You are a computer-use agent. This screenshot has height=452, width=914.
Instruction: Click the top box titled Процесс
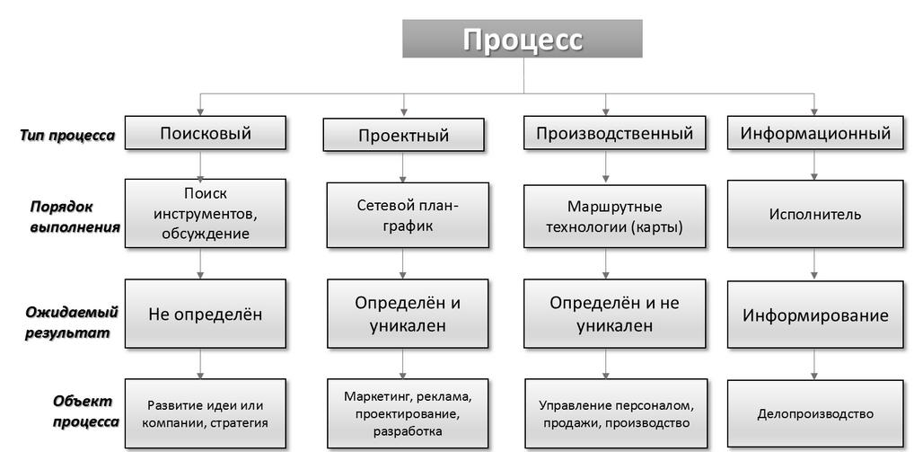coord(523,39)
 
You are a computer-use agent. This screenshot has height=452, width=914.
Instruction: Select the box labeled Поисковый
coord(206,132)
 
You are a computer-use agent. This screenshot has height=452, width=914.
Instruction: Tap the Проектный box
coord(403,135)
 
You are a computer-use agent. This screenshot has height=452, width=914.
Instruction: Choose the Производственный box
coord(614,132)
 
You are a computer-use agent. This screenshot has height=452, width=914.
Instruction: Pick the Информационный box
coord(815,132)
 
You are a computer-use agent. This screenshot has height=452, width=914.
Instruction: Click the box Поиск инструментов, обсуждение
coord(206,214)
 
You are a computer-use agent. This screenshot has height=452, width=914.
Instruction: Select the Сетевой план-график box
coord(408,215)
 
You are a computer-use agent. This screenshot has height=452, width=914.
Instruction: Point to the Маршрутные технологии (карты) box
coord(614,217)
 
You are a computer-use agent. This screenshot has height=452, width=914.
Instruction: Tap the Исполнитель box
coord(815,214)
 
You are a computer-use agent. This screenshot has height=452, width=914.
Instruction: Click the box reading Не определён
coord(206,314)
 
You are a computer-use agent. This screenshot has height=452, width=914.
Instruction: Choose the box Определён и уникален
coord(408,314)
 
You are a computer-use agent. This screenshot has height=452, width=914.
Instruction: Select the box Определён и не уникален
coord(614,314)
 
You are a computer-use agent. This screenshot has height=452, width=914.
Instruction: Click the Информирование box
coord(815,315)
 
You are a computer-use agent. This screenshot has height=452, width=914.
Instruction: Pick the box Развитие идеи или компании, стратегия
coord(206,413)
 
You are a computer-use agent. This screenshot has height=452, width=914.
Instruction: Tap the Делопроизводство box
coord(815,413)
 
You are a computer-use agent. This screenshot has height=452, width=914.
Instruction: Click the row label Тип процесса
coord(67,136)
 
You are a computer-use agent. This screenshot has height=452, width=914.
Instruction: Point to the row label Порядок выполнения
coord(75,217)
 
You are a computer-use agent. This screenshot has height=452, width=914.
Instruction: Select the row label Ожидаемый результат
coord(71,323)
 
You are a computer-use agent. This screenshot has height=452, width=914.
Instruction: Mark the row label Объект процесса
coord(85,412)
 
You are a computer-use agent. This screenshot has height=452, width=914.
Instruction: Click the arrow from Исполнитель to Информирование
coord(814,264)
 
